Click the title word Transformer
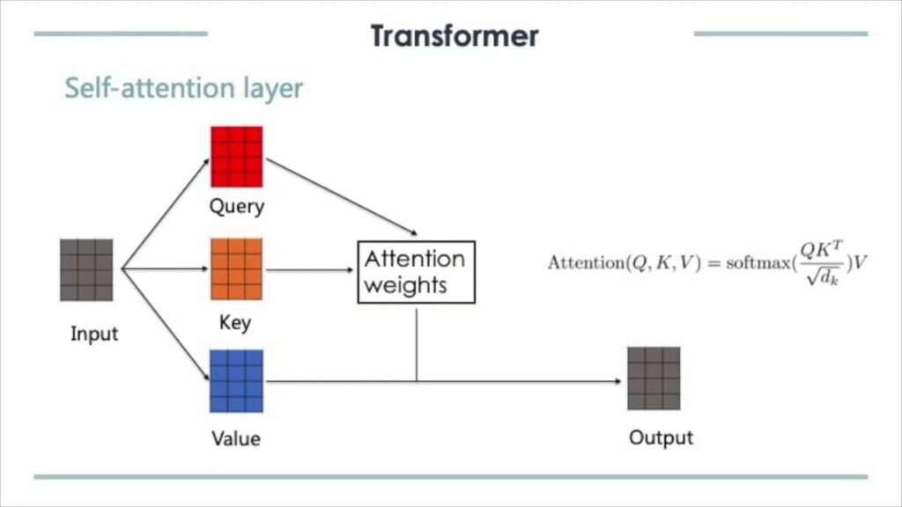(454, 36)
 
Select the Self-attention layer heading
(184, 88)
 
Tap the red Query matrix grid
(236, 156)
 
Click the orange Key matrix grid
(236, 268)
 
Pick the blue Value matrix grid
(236, 380)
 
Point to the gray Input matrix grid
(86, 269)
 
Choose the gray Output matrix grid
(654, 378)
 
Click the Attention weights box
(416, 272)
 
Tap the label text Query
(236, 208)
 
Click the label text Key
(236, 323)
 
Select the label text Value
(236, 437)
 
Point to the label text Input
(94, 334)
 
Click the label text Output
(661, 437)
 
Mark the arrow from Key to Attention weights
(309, 270)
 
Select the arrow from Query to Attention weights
(340, 199)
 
